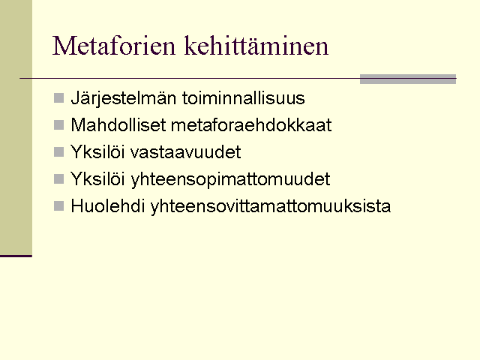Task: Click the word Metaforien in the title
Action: (x=114, y=46)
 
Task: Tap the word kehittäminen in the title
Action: (x=256, y=46)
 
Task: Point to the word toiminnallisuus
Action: (x=244, y=98)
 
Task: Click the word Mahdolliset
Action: (x=118, y=125)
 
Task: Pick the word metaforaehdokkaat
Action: (x=251, y=125)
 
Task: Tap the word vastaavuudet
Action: (x=186, y=151)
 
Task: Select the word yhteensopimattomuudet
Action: (x=231, y=179)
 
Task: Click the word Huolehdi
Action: (x=108, y=205)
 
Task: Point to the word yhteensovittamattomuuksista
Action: (x=271, y=206)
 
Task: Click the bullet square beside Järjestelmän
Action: (x=58, y=98)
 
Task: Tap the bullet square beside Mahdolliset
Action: (x=58, y=125)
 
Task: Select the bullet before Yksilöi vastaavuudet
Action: (x=58, y=151)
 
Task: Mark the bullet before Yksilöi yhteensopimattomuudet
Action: (x=58, y=178)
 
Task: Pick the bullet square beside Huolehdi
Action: (x=58, y=205)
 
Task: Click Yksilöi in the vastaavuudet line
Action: (x=97, y=151)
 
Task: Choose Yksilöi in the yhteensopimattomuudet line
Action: (x=97, y=178)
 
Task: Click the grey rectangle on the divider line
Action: (x=408, y=79)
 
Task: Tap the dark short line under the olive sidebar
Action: (x=16, y=256)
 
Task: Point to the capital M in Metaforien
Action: (x=63, y=46)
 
